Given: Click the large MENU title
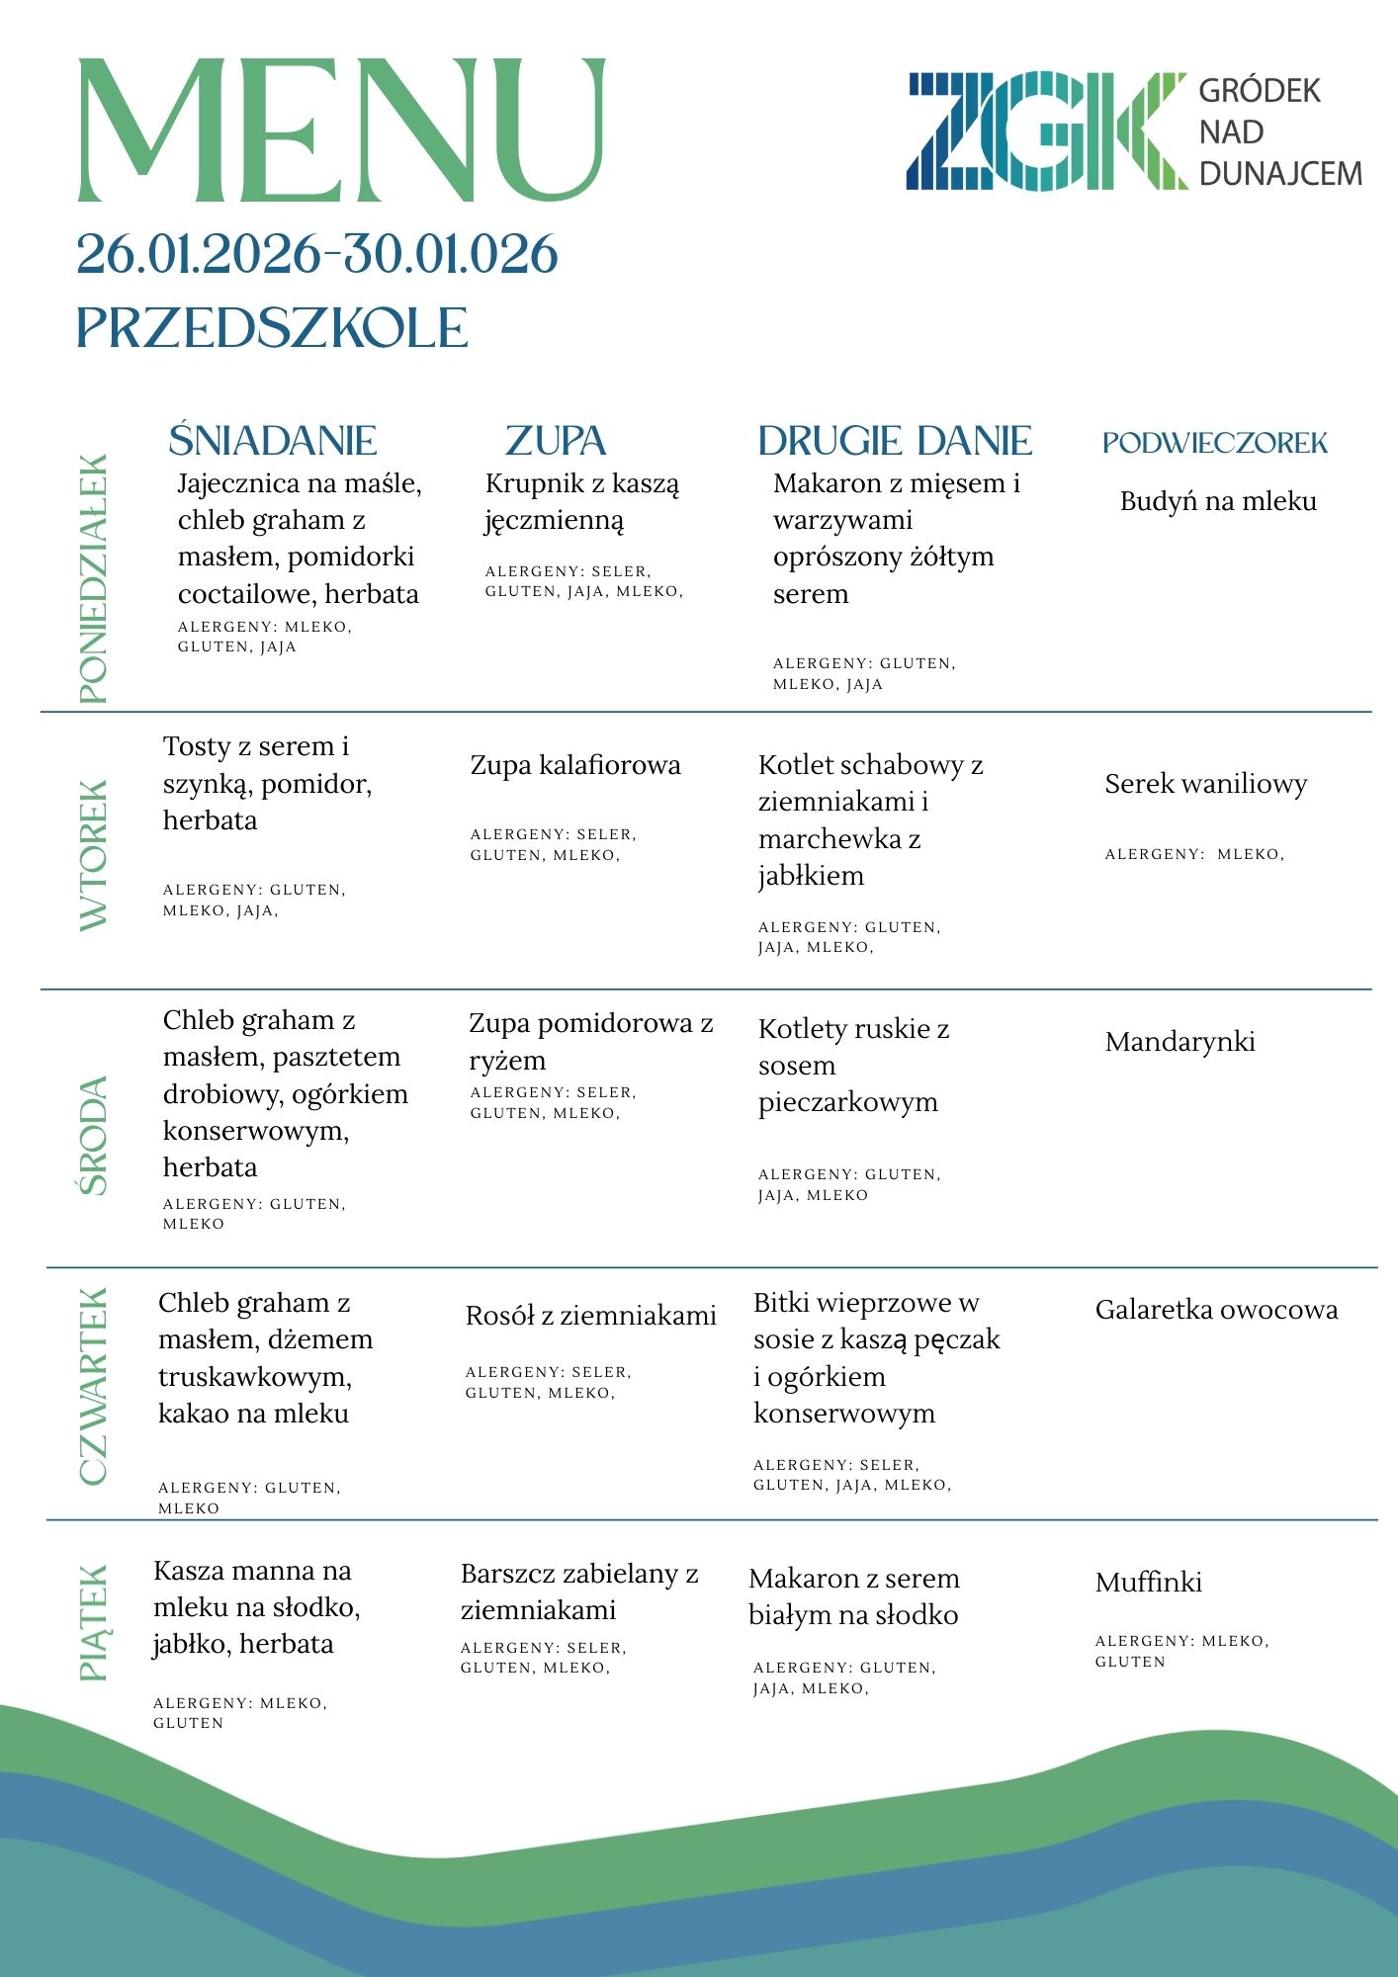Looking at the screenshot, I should coord(341,130).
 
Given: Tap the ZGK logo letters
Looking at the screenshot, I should coord(1046,130).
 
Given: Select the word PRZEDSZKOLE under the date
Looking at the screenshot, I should coord(272,328).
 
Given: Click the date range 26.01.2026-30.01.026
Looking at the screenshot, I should coord(317,254).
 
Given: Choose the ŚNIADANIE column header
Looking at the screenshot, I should coord(273,441).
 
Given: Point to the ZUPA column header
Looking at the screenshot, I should coord(556,441).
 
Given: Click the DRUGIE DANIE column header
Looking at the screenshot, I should coord(895,441).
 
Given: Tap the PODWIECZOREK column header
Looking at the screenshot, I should coord(1215,443).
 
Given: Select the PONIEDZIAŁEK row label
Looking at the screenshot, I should coord(93,579).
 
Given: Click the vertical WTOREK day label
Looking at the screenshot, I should coord(93,855).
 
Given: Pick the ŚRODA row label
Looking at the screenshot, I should coord(93,1136).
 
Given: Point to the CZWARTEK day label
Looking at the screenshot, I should coord(93,1386).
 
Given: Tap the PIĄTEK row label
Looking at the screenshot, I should coord(93,1622).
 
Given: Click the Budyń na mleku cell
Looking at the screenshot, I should coord(1218,501).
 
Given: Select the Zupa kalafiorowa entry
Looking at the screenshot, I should coord(575,765).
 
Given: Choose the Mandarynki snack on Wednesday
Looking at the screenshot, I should coord(1180,1042).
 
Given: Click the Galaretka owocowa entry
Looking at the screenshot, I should coord(1216,1310).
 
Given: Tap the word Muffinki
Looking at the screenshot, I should coord(1148,1583).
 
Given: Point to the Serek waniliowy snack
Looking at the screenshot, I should coord(1205,784).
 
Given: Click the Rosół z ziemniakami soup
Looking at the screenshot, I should coord(590,1316).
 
